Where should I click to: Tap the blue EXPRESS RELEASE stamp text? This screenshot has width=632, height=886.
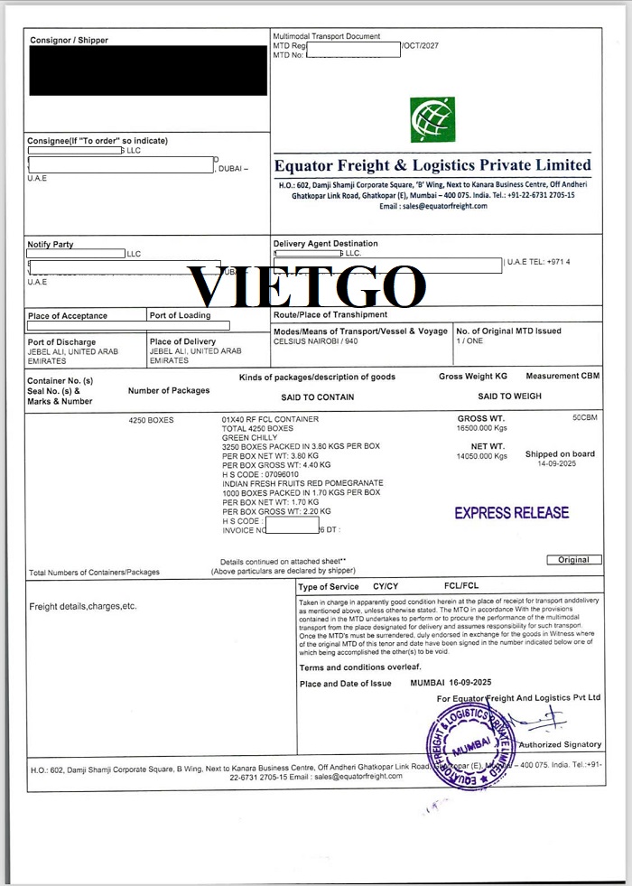[x=511, y=513]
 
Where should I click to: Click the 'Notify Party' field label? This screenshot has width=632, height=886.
[x=51, y=245]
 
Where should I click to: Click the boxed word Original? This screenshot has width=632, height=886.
[x=573, y=560]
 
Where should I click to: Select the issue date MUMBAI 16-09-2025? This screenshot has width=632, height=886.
[x=451, y=683]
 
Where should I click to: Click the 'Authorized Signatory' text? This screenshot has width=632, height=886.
[x=560, y=744]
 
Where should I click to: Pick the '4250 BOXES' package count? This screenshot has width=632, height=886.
[x=152, y=420]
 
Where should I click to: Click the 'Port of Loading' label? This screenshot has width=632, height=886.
[x=181, y=315]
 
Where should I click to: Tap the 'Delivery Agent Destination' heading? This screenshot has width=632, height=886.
[x=326, y=244]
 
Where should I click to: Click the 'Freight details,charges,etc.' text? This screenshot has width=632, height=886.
[x=83, y=606]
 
